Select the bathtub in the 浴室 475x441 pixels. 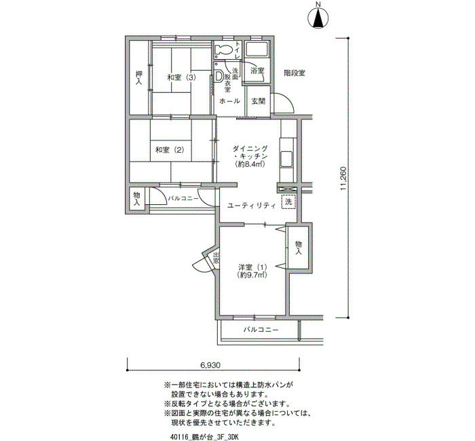[x=256, y=50]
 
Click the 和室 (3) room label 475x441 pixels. [x=181, y=77]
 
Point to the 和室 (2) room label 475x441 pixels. [x=170, y=150]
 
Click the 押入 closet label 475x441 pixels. [x=138, y=77]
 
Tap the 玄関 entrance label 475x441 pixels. [x=258, y=101]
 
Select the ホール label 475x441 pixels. [x=229, y=101]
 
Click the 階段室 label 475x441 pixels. [x=294, y=73]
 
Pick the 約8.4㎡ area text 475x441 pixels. [x=250, y=164]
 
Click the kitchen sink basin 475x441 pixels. [x=286, y=159]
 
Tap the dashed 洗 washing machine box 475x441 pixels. [x=288, y=202]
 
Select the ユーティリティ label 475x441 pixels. [x=252, y=206]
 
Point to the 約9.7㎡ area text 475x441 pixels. [x=252, y=275]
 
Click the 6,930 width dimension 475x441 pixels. [x=210, y=365]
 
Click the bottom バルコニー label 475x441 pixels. [x=261, y=329]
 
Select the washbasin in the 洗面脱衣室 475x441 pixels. [x=218, y=76]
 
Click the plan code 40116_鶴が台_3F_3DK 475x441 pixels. [x=205, y=437]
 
